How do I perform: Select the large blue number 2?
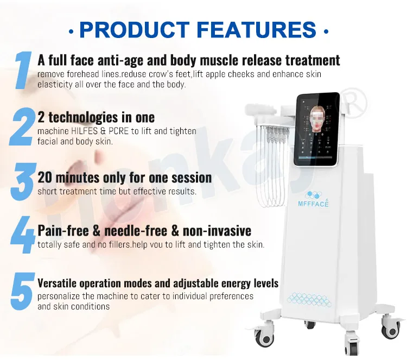[x=22, y=127]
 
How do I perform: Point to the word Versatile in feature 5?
[x=59, y=283]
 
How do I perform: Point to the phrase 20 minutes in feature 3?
[x=68, y=178]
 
